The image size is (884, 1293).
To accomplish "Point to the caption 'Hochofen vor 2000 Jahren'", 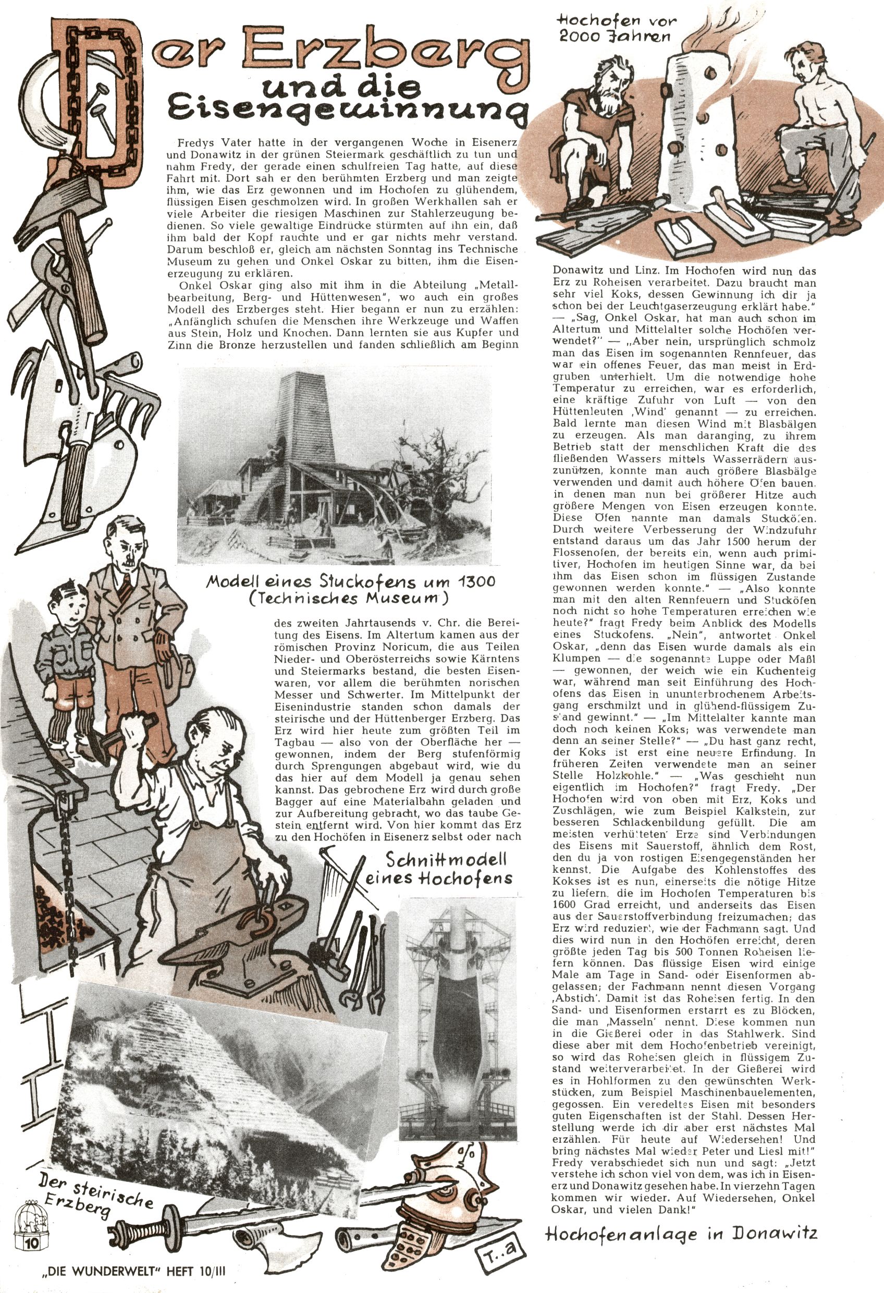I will [x=618, y=29].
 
